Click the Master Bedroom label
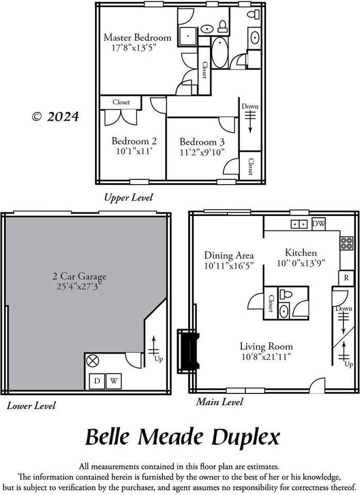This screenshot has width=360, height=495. (137, 38)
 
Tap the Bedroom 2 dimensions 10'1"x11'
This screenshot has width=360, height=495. (134, 152)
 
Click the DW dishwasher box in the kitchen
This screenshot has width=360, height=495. (319, 224)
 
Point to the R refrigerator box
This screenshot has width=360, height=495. (346, 277)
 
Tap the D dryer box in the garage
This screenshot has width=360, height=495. (97, 382)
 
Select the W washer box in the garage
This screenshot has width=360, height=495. (113, 382)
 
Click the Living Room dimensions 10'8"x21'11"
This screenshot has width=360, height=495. (266, 357)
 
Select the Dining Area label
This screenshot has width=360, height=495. (229, 255)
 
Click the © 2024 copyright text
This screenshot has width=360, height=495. (56, 117)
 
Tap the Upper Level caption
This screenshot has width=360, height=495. (128, 197)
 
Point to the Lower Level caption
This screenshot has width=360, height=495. (31, 406)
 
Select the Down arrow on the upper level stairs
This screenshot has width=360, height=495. (250, 121)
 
